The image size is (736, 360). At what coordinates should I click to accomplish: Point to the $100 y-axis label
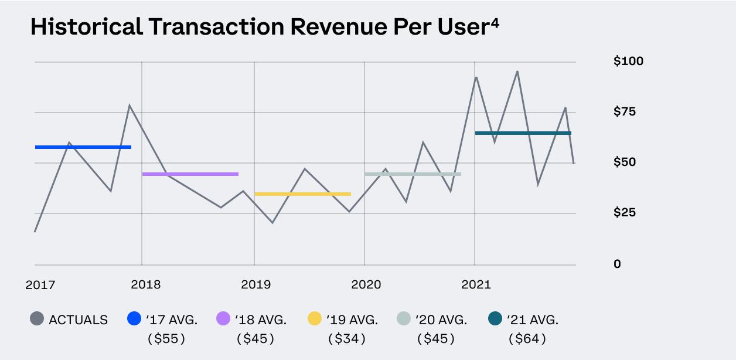click(628, 61)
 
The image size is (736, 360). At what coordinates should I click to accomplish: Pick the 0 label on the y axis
click(617, 264)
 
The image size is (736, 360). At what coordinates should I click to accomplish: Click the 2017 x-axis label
click(40, 285)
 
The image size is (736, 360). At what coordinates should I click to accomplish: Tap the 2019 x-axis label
click(255, 285)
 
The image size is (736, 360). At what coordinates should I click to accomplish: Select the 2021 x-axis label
click(476, 285)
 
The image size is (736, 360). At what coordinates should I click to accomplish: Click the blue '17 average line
click(83, 147)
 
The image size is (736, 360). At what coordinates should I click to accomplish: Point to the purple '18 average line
click(190, 174)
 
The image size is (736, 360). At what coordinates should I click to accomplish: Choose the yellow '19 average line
click(302, 194)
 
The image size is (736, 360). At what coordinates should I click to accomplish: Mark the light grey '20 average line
click(413, 174)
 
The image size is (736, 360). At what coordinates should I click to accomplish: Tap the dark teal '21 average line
click(523, 133)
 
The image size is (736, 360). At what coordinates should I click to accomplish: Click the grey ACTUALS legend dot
click(37, 320)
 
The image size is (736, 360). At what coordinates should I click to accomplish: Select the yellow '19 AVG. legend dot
click(315, 320)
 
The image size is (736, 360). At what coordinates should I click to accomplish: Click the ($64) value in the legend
click(527, 338)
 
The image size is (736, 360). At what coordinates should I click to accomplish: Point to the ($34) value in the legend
click(347, 338)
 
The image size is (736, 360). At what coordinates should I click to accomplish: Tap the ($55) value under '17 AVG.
click(166, 338)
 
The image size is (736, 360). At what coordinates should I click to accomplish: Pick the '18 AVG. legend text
click(261, 320)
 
